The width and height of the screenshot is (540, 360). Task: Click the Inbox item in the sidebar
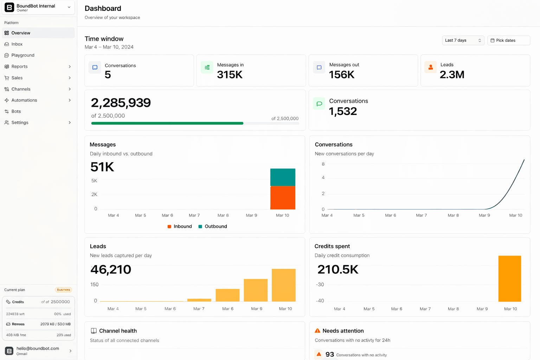[x=17, y=44]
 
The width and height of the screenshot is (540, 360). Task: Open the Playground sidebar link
[x=23, y=55]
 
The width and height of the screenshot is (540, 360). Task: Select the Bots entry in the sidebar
[x=16, y=111]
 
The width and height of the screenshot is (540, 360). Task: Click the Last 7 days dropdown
[x=463, y=40]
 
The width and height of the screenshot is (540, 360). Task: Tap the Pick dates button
[x=508, y=40]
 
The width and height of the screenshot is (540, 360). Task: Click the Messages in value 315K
[x=230, y=75]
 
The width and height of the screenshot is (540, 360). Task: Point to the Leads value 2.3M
[x=452, y=75]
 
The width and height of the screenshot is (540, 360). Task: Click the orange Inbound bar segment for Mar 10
[x=283, y=198]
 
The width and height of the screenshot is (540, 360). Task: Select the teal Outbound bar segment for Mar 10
[x=283, y=177]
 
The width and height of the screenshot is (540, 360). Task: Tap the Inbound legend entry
[x=180, y=226]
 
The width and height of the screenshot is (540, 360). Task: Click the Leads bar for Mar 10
[x=284, y=285]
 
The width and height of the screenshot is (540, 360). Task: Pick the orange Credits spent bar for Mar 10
[x=509, y=278]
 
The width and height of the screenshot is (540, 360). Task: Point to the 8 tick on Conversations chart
[x=323, y=164]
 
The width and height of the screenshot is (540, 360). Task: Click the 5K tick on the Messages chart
[x=94, y=181]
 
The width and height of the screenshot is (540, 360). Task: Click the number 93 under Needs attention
[x=329, y=354]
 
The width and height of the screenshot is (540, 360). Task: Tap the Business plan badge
[x=63, y=290]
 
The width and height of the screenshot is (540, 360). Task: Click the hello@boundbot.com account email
[x=38, y=348]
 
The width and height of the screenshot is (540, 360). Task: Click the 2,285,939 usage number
[x=121, y=103]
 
